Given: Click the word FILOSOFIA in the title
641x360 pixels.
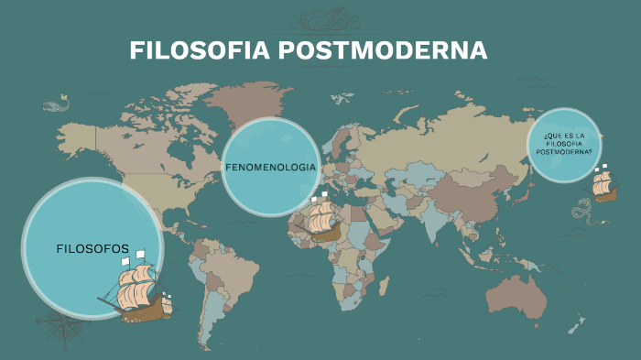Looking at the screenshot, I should pyautogui.click(x=188, y=50).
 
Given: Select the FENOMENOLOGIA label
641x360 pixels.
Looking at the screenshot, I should pyautogui.click(x=271, y=168).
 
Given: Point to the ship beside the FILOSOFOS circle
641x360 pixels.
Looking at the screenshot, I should pyautogui.click(x=138, y=290).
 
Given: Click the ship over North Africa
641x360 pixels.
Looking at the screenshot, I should pyautogui.click(x=323, y=220).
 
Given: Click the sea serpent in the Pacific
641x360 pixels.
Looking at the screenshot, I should pyautogui.click(x=582, y=213).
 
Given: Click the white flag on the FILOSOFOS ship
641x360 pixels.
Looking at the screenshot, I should pyautogui.click(x=124, y=261).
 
